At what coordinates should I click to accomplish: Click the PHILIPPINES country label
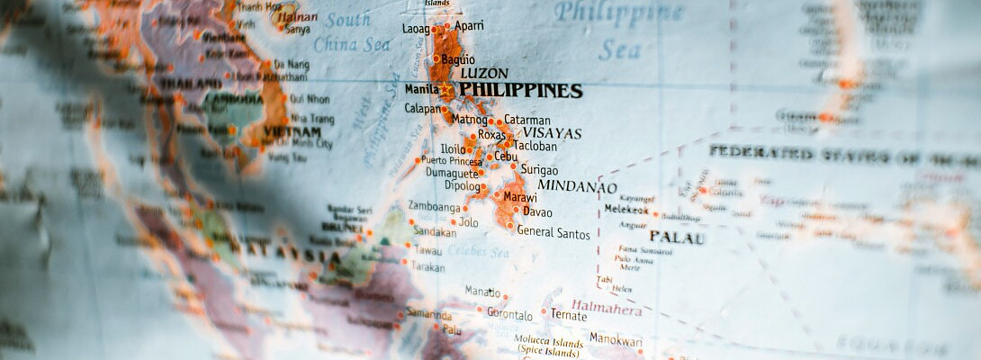(520, 91)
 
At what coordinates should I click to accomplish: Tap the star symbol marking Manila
(445, 90)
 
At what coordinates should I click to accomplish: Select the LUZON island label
(484, 73)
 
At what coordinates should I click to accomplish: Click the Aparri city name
(470, 26)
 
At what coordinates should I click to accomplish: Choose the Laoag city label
(416, 29)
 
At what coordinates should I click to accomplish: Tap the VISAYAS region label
(553, 133)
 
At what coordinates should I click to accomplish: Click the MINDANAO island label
(577, 187)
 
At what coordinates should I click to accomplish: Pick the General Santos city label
(553, 233)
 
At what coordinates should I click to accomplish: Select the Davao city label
(537, 212)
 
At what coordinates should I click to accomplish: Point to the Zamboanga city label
(435, 205)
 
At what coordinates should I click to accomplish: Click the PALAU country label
(677, 238)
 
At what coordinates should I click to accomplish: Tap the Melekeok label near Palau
(626, 209)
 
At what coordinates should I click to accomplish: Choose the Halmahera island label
(607, 309)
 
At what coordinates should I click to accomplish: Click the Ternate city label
(568, 314)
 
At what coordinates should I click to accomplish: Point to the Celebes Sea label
(478, 253)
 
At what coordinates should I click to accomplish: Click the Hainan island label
(297, 16)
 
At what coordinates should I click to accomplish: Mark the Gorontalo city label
(509, 315)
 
